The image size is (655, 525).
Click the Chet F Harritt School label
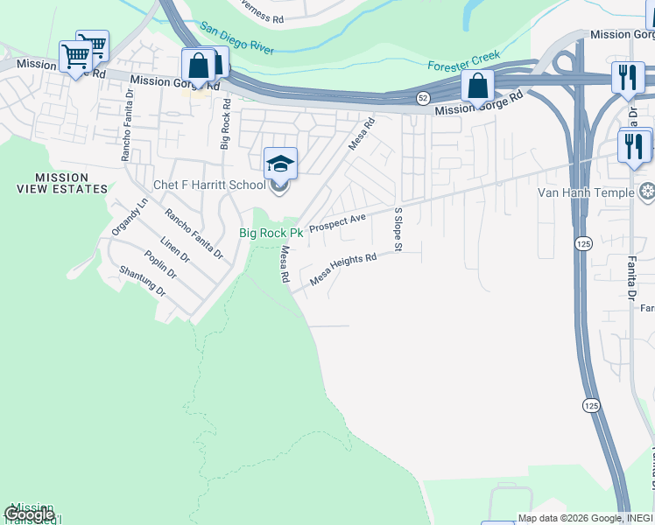coord(209,185)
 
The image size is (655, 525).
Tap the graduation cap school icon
coord(280,164)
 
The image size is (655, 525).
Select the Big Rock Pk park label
coord(271,234)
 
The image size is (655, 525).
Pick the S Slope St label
coord(397,229)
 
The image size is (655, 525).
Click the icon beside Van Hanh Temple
coord(647,192)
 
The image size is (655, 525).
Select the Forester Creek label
coord(464,61)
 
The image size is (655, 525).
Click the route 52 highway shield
coord(423,96)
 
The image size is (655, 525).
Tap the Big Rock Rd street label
coord(225,123)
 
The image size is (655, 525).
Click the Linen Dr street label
coord(175,248)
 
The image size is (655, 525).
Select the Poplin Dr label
coord(160,264)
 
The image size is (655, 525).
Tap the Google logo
coord(29,514)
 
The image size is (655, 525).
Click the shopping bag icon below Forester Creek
coord(478,86)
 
